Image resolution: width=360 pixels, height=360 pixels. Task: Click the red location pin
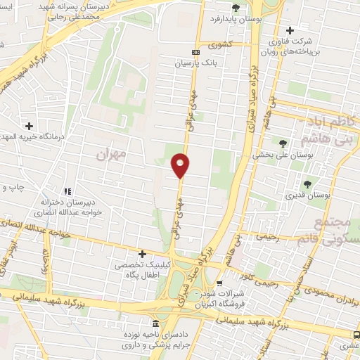point(181,165)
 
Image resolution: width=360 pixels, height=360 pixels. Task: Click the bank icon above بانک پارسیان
point(195,52)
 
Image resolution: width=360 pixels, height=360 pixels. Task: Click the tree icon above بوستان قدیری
point(308,184)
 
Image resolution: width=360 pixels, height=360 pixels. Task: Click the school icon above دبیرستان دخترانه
point(67,191)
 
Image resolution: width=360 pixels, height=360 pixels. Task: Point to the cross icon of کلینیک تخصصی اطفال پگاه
point(143,253)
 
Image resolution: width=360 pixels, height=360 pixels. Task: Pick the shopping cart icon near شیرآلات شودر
point(219,283)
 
